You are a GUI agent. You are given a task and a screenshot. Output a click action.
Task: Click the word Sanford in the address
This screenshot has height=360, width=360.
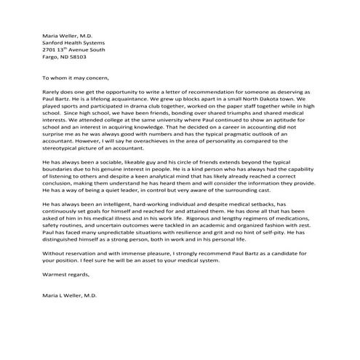[53, 42]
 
